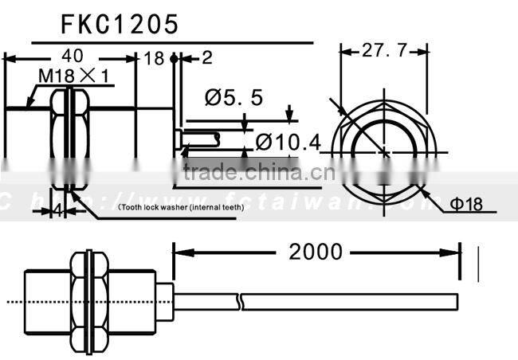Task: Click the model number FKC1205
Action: pos(120,25)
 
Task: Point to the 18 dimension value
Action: pos(154,58)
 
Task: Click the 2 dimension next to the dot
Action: pos(207,58)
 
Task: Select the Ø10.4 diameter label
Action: pos(288,143)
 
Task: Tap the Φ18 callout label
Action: pos(465,205)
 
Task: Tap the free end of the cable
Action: pos(457,302)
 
